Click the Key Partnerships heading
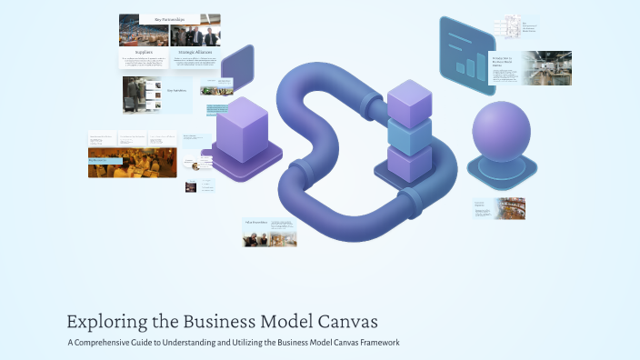tap(170, 19)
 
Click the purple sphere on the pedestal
tap(501, 133)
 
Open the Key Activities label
tap(176, 90)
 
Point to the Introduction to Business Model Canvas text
tap(504, 62)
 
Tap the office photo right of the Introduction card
tap(546, 68)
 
